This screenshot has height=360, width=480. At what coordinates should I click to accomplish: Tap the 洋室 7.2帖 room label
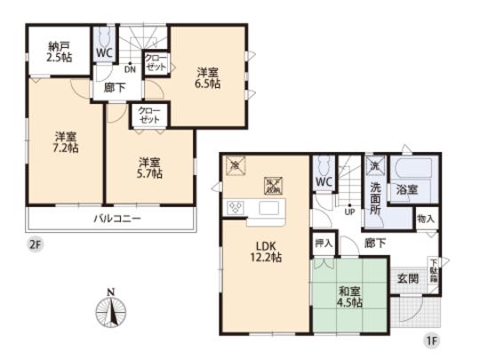pos(65,142)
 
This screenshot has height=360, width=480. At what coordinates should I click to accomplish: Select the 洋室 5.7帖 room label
pos(148,168)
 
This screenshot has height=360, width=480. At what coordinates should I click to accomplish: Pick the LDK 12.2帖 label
pos(264,252)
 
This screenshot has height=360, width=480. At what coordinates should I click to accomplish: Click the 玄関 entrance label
pos(408,276)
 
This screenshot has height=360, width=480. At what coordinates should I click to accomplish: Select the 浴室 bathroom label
pos(408,189)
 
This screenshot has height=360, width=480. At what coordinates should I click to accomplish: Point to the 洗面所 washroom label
pos(375,193)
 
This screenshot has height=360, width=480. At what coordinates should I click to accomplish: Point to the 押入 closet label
pos(323,242)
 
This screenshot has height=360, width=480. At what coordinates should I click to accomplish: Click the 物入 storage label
pos(426,218)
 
